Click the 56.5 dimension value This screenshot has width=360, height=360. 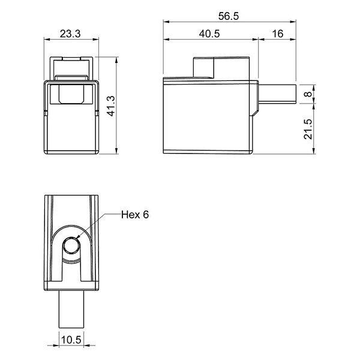(x=229, y=16)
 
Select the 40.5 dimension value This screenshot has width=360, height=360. (x=209, y=34)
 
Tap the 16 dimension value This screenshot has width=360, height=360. (x=278, y=34)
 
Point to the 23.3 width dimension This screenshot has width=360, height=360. (x=70, y=34)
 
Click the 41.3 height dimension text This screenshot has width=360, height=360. (x=111, y=106)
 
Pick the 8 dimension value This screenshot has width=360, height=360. (x=309, y=94)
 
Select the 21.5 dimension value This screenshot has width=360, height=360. (x=308, y=129)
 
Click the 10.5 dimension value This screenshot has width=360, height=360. (x=71, y=340)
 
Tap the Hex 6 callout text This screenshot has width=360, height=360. (x=135, y=215)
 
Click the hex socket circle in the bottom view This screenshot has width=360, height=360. (x=71, y=245)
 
